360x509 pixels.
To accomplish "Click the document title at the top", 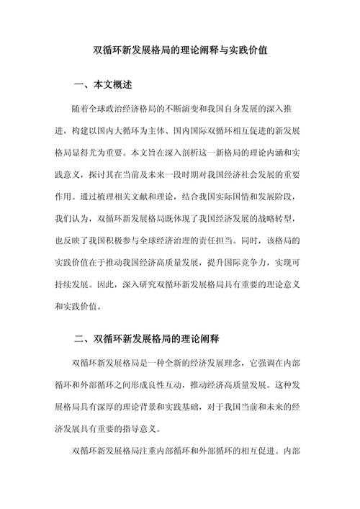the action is (180, 52).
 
